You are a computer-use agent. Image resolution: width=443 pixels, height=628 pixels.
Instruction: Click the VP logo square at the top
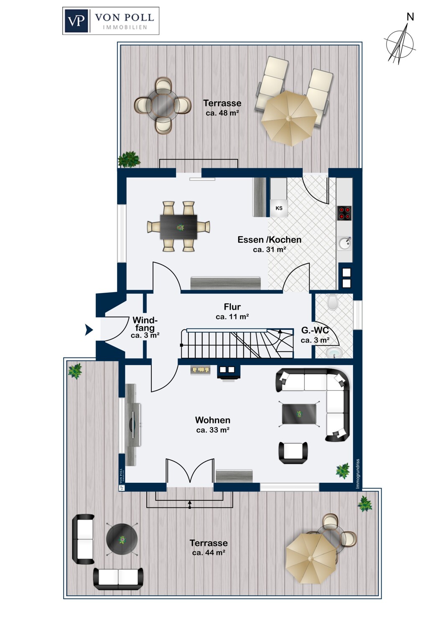(76, 21)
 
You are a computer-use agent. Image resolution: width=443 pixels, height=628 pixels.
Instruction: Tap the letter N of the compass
(410, 17)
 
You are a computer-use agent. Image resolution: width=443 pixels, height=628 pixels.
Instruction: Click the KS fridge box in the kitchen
(279, 208)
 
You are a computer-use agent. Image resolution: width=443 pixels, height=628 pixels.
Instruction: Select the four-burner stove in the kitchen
(344, 213)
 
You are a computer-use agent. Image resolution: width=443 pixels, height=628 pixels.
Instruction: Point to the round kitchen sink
(345, 243)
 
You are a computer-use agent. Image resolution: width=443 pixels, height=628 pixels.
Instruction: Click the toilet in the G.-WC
(332, 302)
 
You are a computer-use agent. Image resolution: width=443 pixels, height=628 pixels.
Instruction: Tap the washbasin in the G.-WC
(334, 353)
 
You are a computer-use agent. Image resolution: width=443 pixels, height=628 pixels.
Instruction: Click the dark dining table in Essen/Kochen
(178, 227)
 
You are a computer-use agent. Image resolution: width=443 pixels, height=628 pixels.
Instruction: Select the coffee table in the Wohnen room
(299, 414)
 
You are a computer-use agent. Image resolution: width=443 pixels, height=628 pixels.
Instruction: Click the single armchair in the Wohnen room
(293, 453)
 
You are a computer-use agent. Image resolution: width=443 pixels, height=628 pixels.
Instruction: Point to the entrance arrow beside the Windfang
(89, 330)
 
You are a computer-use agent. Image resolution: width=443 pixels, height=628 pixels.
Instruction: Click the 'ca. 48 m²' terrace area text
(222, 113)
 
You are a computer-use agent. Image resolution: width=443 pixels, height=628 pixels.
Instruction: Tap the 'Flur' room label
(232, 307)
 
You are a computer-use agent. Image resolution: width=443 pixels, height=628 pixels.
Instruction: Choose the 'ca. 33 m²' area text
(213, 430)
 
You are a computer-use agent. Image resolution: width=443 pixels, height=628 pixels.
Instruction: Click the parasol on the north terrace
(289, 118)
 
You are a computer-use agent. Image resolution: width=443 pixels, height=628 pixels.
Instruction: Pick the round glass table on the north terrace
(163, 105)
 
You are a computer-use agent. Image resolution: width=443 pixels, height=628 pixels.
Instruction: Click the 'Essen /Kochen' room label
(270, 240)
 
